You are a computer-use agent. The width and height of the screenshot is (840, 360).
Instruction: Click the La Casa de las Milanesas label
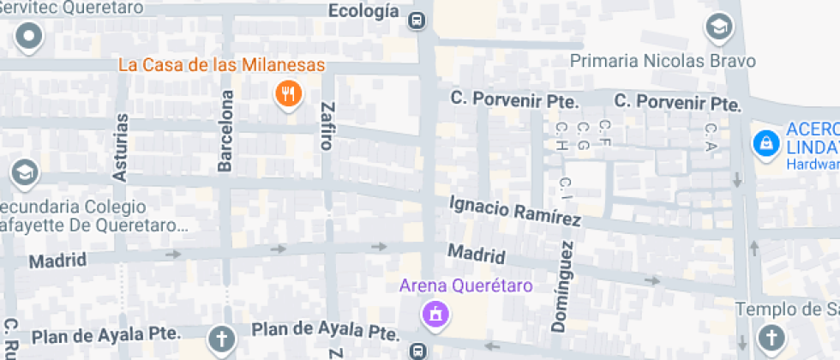221,65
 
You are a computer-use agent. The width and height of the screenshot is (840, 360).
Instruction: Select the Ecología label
364,11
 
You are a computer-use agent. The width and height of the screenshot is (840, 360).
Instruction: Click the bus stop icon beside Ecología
417,19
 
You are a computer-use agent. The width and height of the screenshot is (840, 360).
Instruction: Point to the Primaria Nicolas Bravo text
663,61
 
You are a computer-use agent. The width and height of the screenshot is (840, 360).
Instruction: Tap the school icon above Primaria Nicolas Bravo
719,27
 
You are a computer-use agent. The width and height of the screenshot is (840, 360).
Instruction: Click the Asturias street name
121,147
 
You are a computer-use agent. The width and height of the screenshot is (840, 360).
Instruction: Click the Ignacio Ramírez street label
515,212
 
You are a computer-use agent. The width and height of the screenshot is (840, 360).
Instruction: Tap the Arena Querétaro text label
466,285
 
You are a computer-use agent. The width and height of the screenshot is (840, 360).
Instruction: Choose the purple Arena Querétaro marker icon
435,314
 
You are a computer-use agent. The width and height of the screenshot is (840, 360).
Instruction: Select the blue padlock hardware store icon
765,142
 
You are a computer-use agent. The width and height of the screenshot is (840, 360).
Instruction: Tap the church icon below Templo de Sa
771,337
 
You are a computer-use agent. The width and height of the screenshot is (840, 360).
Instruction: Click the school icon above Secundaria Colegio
25,173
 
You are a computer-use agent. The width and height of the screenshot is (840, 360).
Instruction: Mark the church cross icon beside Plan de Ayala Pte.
222,339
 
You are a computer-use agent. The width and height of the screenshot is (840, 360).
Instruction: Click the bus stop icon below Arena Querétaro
417,350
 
